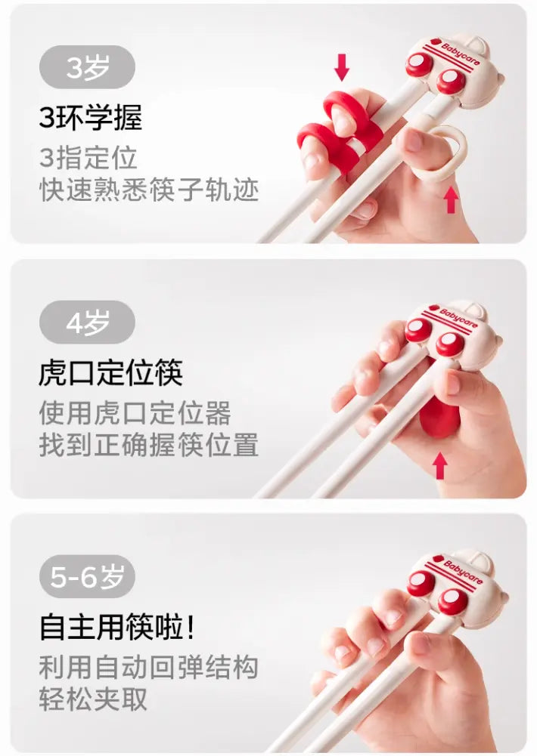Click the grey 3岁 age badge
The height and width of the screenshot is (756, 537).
coord(87,67)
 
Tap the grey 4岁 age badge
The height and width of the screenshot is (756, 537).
coord(87,322)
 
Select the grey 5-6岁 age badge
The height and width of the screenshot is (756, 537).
coord(87,576)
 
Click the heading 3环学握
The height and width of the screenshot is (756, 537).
coord(91,117)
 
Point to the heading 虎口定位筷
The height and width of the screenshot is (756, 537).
coord(110,372)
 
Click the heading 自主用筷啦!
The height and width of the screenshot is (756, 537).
coord(117,627)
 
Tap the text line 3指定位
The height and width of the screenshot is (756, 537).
coord(88,158)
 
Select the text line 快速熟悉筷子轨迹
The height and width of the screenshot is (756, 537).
coord(149,190)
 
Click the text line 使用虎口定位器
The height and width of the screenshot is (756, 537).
coord(135,413)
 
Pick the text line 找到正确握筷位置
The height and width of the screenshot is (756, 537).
coord(149,445)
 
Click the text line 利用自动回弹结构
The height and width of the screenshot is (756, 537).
coord(149,668)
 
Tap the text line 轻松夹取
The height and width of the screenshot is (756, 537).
coord(93,699)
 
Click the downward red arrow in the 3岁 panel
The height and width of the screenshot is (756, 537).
coord(342,67)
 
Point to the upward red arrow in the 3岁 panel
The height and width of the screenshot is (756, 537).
coord(451,199)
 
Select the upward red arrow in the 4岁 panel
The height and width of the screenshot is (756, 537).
coord(440,466)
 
